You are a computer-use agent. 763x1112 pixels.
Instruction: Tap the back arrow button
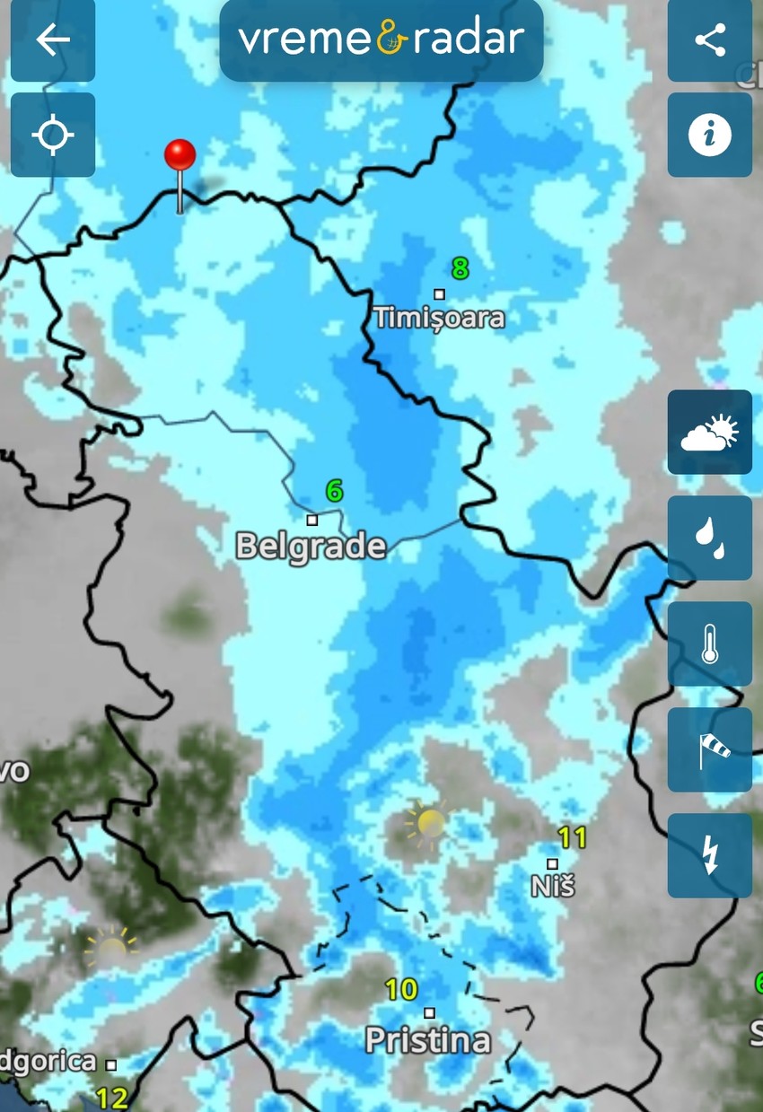tap(52, 40)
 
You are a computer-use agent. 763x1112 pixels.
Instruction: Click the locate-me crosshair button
tap(52, 136)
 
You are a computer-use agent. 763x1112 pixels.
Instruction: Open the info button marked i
tap(709, 136)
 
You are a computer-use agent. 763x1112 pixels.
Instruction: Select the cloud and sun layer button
tap(709, 433)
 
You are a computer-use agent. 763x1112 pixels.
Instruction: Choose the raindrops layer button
tap(709, 538)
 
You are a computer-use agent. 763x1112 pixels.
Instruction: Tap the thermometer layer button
tap(709, 644)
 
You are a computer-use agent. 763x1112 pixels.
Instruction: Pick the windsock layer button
tap(709, 749)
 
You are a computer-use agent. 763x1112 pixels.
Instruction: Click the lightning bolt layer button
tap(709, 855)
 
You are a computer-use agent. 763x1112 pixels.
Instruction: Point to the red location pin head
tap(180, 155)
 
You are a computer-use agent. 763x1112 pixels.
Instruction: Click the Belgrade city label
tap(311, 546)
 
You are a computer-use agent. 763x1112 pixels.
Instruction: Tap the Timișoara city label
tap(439, 318)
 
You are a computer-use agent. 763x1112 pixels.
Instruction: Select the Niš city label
tap(552, 886)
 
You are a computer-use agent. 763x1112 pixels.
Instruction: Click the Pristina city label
tap(428, 1040)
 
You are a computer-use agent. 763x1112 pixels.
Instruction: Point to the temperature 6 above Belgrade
tap(334, 491)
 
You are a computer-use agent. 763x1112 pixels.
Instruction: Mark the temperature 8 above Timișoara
tap(460, 267)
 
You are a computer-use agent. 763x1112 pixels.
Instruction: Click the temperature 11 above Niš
tap(572, 838)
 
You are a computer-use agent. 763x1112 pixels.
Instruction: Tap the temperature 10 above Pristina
tap(401, 990)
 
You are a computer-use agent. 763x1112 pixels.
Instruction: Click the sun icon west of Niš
tap(428, 822)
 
